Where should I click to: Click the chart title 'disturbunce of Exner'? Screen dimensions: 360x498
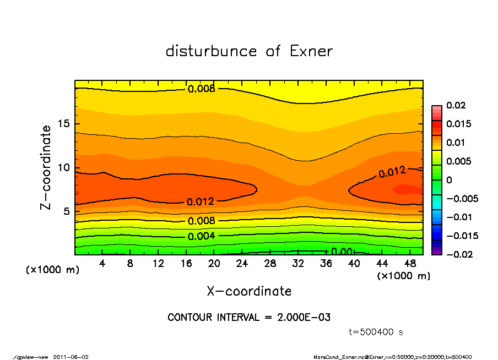249,51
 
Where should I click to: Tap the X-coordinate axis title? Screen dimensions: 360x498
249,291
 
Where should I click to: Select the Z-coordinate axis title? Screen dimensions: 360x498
46,167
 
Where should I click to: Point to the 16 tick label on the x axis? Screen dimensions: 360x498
186,264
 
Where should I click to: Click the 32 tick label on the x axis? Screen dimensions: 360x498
298,264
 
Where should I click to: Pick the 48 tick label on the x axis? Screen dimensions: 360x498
410,264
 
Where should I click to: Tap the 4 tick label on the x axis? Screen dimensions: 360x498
102,264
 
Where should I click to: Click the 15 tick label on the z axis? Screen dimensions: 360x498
63,124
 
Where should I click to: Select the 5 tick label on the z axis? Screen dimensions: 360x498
66,211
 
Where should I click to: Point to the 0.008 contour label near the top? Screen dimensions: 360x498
202,89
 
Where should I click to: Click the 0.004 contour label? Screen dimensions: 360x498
202,236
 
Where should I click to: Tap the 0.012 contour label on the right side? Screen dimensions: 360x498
392,172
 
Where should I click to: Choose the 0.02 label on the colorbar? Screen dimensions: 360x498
456,105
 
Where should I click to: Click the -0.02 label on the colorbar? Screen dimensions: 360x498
458,254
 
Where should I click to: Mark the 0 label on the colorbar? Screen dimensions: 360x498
450,180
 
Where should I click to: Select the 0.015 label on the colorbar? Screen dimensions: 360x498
458,124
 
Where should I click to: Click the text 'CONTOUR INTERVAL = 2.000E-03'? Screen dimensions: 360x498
249,318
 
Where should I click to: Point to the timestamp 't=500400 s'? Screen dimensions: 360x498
376,332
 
